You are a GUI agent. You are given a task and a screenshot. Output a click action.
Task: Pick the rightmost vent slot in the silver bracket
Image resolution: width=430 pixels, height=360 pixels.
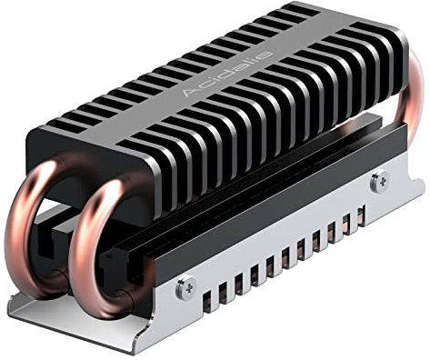(x=362, y=216)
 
